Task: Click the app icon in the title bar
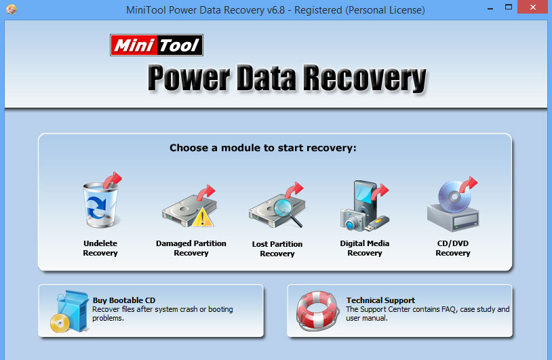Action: [x=11, y=10]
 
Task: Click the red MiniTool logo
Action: [x=157, y=45]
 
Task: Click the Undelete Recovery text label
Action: [x=100, y=248]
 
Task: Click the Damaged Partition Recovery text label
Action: [x=191, y=248]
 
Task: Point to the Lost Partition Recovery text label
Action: [x=277, y=249]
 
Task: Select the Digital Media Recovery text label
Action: [x=365, y=248]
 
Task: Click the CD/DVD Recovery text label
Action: [x=452, y=248]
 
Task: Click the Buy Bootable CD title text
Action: [x=123, y=300]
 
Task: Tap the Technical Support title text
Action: [x=380, y=300]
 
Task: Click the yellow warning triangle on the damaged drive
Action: [x=203, y=218]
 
